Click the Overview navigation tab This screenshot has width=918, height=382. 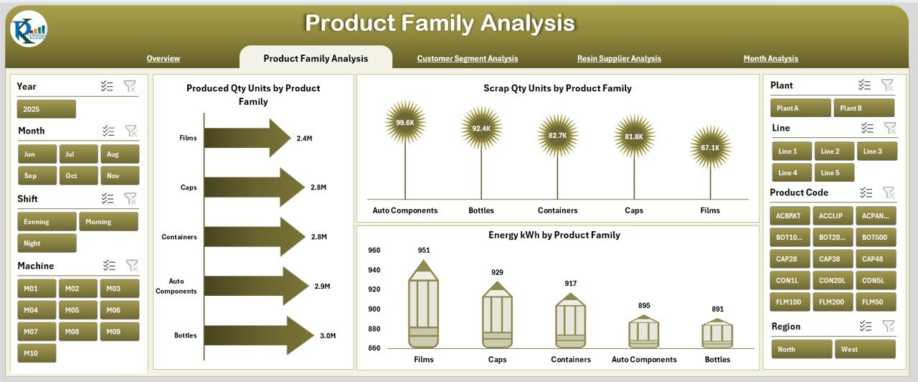163,59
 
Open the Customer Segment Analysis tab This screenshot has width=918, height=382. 467,59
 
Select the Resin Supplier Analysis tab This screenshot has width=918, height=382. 619,59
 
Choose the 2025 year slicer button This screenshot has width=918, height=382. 46,109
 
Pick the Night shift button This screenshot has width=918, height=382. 47,243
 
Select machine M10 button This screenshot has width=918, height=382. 37,353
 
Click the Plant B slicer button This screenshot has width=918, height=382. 863,108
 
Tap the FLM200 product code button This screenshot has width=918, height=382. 832,302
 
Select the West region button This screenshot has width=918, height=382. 865,350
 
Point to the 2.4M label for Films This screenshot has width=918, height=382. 304,138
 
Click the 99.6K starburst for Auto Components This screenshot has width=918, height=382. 404,123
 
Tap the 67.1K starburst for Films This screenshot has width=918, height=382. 710,147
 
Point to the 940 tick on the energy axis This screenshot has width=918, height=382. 374,270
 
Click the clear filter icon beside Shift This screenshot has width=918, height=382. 131,199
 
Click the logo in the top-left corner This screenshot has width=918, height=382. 29,29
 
